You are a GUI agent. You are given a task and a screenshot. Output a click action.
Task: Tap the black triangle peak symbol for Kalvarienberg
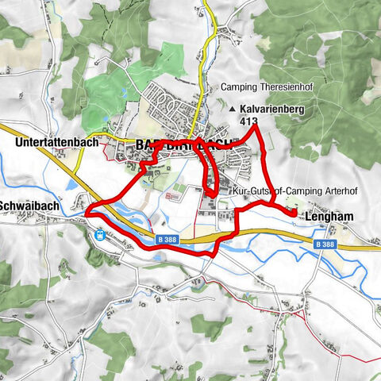[x=232, y=110]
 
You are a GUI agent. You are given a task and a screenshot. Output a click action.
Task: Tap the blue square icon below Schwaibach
[x=101, y=235]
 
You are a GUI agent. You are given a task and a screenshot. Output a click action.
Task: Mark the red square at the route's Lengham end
[x=294, y=213]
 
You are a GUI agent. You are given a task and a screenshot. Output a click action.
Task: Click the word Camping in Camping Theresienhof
[x=241, y=87]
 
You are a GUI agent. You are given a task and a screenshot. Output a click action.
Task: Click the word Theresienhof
[x=283, y=87]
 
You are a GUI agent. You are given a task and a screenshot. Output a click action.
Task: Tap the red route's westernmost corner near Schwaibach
[x=86, y=212]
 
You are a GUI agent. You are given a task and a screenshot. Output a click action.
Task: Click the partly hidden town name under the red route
[x=187, y=144]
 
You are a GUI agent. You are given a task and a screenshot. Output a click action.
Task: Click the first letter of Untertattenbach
[x=18, y=144]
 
